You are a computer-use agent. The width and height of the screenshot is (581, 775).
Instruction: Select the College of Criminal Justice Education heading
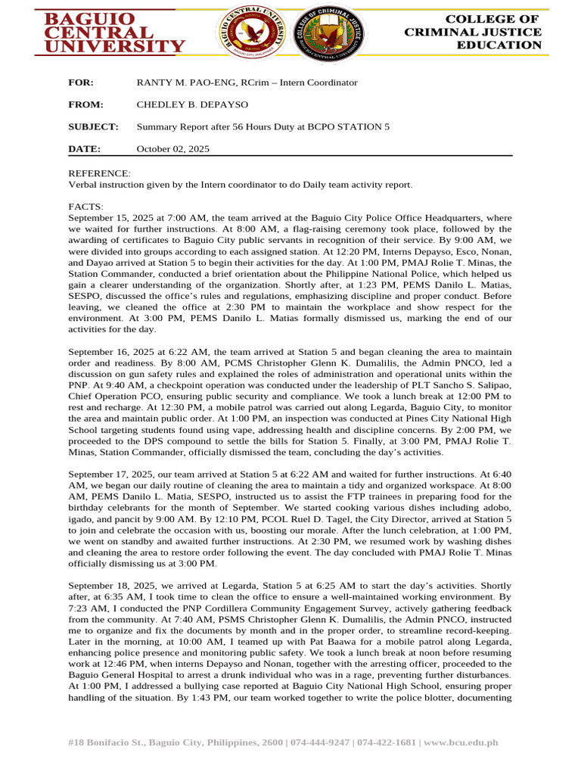pos(473,32)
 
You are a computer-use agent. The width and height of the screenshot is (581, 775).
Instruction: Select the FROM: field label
pos(85,104)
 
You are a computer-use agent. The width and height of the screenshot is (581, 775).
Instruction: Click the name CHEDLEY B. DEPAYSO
pos(182,104)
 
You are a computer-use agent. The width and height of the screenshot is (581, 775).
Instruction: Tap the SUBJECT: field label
pos(93,126)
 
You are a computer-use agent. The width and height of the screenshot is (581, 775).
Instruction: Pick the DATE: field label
pos(84,149)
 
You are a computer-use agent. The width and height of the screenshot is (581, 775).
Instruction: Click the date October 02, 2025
pos(172,149)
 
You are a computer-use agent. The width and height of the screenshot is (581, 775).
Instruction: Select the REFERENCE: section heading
pos(99,173)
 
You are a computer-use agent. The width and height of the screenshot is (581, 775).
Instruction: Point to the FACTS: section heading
pos(86,207)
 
